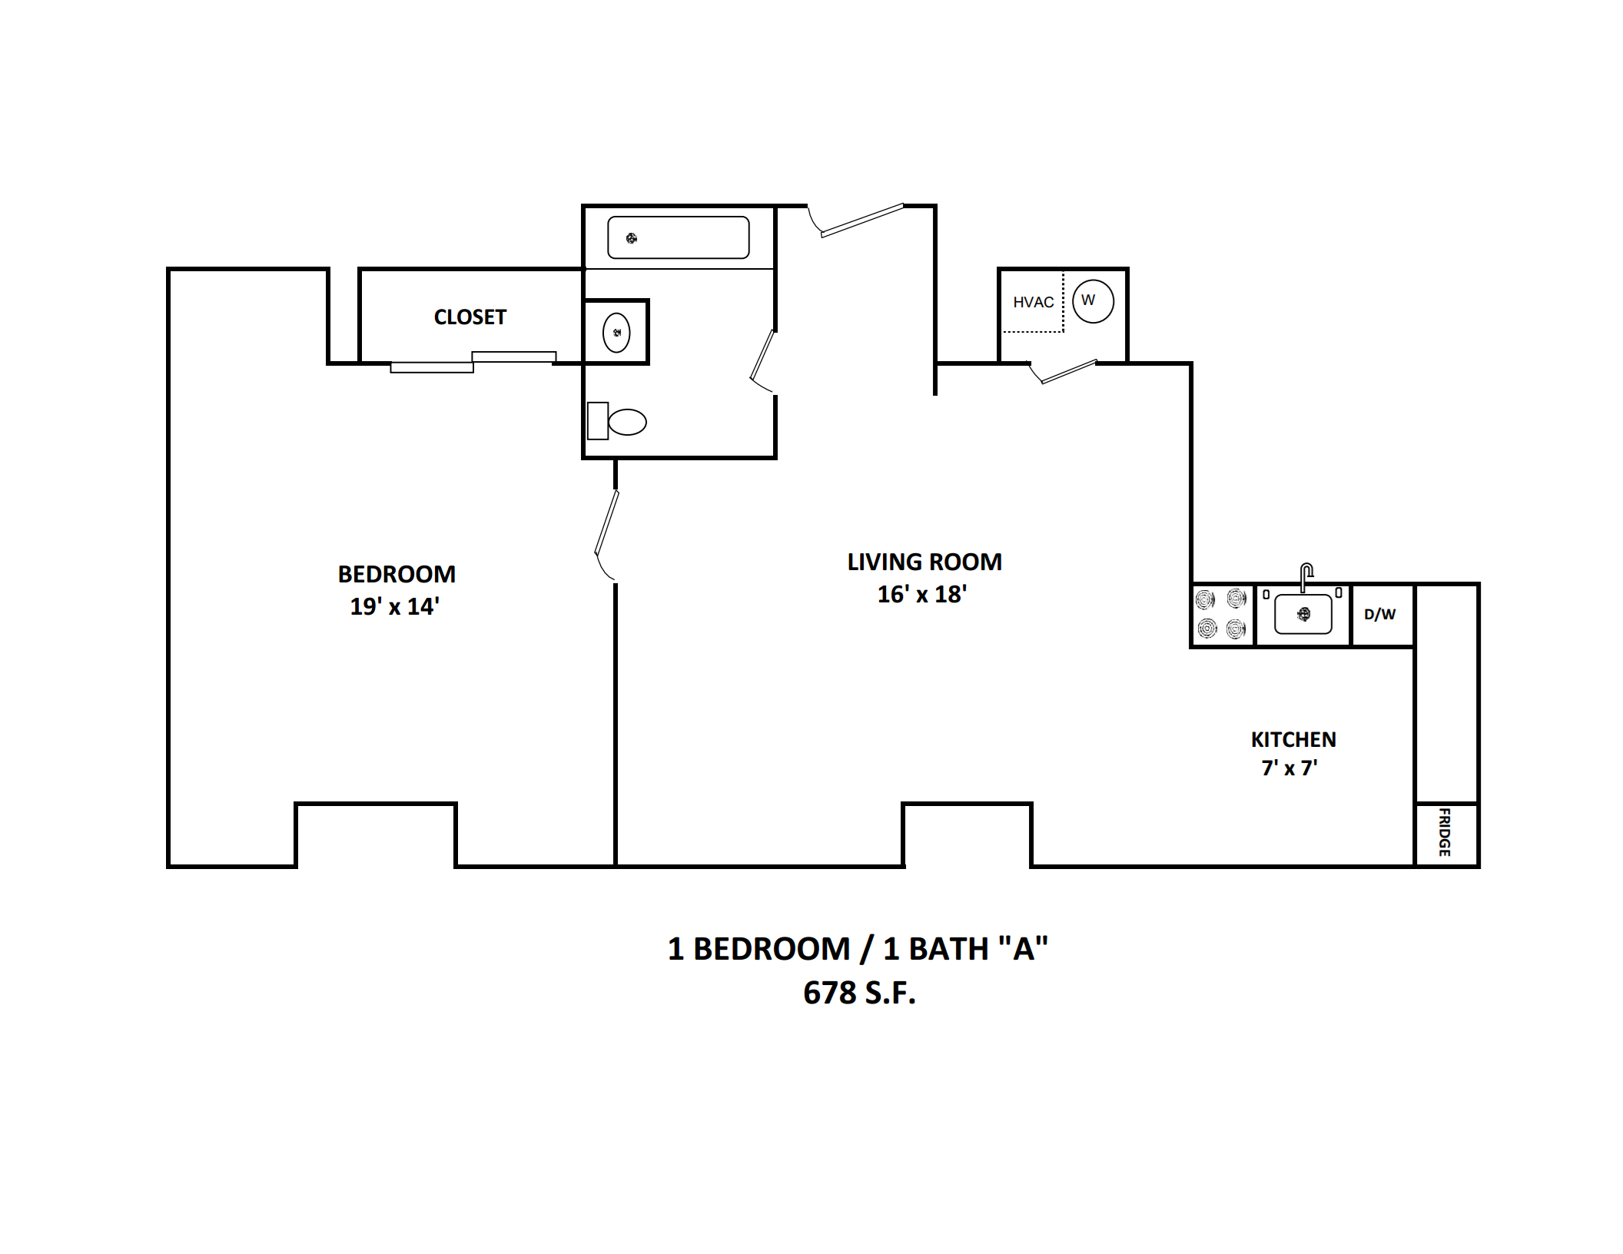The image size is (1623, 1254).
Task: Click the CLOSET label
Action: point(470,317)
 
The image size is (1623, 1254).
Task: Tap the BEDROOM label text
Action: point(397,574)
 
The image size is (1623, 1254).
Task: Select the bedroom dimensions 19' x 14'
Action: point(394,606)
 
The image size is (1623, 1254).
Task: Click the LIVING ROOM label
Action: point(924,562)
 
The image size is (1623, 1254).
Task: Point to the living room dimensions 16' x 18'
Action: point(922,594)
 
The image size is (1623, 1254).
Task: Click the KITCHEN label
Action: point(1293,739)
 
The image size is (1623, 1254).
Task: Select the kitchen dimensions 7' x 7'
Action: point(1289,768)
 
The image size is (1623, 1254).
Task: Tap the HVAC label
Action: point(1033,302)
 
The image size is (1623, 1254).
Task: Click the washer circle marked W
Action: point(1093,300)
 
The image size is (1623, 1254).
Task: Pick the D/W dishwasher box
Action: point(1382,615)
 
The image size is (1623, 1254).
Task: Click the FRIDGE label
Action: point(1445,832)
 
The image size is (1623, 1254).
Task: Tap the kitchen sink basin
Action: point(1303,614)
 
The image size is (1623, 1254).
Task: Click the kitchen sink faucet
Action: point(1306,577)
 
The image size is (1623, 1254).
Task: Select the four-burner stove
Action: point(1222,614)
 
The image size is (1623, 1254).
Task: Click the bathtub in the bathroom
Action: point(679,237)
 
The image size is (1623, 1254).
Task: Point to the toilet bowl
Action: point(627,422)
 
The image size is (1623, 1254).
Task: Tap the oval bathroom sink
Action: point(616,333)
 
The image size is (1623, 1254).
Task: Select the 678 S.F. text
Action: point(859,993)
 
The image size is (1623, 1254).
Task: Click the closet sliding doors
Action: point(473,362)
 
